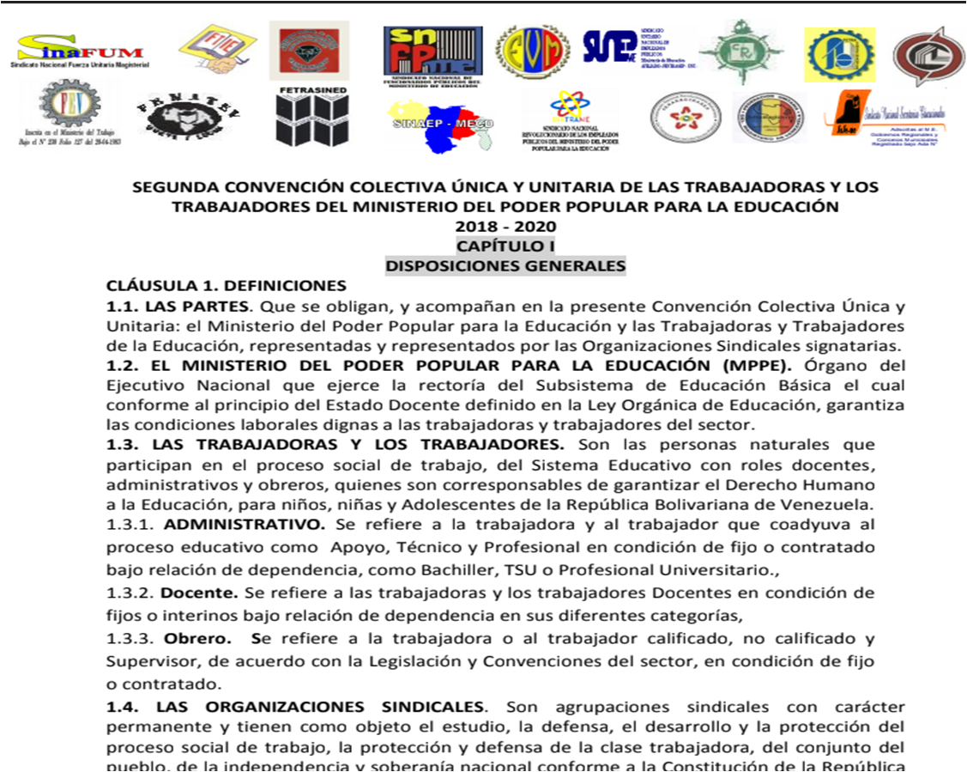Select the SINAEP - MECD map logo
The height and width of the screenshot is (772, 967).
[x=438, y=124]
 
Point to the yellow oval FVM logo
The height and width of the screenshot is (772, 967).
[x=533, y=51]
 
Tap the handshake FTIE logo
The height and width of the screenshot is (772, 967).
[x=216, y=49]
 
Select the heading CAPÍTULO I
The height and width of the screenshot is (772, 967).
[x=505, y=246]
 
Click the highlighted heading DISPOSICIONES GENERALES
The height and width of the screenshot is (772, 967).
[x=505, y=265]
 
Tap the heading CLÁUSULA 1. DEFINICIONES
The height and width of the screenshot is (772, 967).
[x=226, y=286]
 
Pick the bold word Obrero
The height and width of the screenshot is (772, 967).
[x=187, y=638]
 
